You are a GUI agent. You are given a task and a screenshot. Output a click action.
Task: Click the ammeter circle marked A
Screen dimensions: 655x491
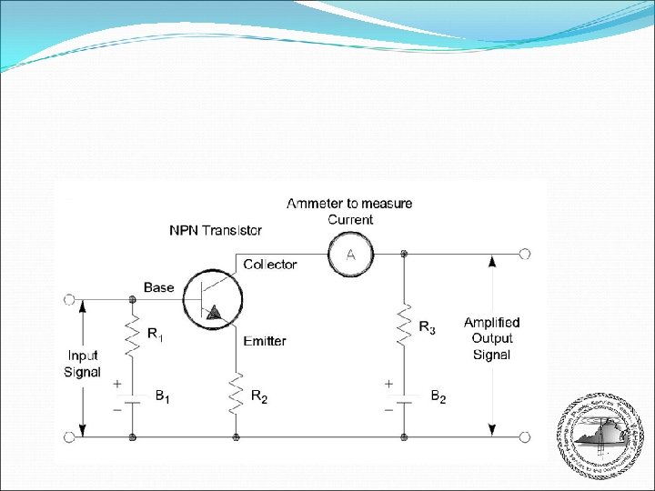point(350,254)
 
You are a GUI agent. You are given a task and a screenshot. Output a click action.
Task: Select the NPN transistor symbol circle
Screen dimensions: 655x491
point(211,298)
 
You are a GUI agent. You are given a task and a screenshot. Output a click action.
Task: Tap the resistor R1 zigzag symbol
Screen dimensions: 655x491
point(133,338)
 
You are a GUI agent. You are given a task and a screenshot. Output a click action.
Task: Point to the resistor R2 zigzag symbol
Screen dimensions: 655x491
point(236,392)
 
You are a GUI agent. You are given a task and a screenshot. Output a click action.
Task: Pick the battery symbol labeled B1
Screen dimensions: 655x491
point(133,398)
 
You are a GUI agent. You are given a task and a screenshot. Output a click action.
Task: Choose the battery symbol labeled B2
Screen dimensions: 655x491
point(404,397)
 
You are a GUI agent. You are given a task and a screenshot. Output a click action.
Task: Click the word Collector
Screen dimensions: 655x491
point(269,265)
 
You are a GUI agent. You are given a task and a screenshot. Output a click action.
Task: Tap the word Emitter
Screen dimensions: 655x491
point(265,341)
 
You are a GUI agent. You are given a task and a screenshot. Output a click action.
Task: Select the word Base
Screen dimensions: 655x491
point(158,287)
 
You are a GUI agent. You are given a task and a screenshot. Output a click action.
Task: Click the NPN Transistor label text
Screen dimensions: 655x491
point(216,230)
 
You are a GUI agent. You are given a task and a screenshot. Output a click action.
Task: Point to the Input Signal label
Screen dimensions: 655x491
point(82,364)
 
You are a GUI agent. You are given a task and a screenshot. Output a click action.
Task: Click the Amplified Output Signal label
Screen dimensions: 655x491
point(491,338)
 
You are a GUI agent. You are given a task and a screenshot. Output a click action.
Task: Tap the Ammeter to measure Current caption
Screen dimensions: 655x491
point(349,211)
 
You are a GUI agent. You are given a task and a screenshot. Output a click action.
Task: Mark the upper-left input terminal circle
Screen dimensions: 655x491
point(69,298)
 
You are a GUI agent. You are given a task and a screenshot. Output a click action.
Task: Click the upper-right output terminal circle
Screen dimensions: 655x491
point(524,254)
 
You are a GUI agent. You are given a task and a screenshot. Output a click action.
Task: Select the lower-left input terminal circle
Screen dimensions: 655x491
point(69,437)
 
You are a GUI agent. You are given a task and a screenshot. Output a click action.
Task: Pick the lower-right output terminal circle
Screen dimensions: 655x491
point(524,437)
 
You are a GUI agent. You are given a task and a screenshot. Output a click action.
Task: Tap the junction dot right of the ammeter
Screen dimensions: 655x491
point(404,254)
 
